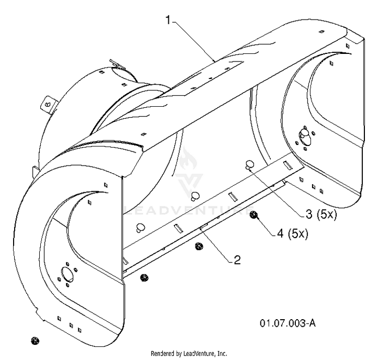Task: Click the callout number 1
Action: click(168, 20)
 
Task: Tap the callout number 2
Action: click(237, 260)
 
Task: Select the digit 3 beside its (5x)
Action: click(309, 214)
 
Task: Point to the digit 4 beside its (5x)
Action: click(280, 233)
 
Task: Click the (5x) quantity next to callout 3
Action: click(327, 214)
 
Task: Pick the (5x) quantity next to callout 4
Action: click(298, 233)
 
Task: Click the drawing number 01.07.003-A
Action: click(288, 323)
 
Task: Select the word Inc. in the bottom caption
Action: click(222, 353)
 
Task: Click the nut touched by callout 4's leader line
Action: click(253, 215)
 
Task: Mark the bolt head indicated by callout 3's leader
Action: click(249, 165)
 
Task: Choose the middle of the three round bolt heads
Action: click(195, 195)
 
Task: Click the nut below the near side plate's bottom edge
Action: click(35, 340)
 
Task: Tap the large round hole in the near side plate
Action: click(68, 274)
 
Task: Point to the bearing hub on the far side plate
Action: click(303, 135)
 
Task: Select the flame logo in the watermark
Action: click(188, 160)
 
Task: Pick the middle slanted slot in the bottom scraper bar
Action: click(233, 196)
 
